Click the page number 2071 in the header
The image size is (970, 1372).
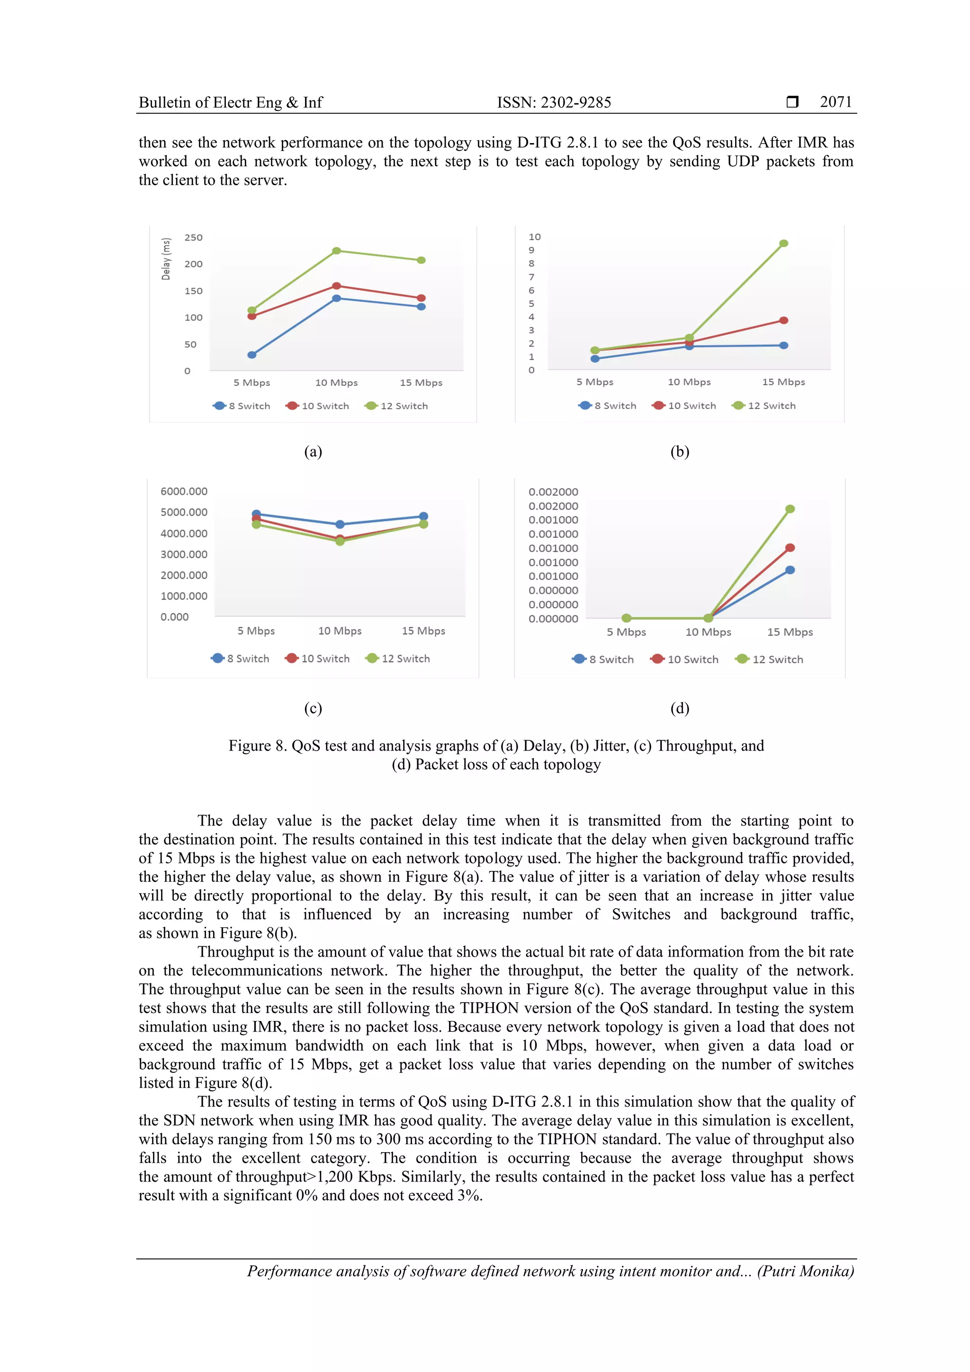point(835,102)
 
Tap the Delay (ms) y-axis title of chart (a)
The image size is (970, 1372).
point(166,259)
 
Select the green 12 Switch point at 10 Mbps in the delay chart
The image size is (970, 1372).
point(336,251)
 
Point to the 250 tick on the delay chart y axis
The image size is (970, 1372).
point(193,238)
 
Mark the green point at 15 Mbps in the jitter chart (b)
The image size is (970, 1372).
point(783,243)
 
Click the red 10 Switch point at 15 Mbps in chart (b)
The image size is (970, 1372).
point(783,320)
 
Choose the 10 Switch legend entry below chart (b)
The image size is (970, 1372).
point(685,406)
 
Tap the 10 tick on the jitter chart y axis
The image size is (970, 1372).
point(534,237)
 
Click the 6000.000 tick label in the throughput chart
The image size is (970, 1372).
point(183,491)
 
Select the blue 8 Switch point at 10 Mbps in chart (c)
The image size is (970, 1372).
point(340,524)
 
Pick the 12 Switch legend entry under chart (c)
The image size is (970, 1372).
point(398,658)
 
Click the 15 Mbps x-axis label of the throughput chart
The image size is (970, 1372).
point(423,631)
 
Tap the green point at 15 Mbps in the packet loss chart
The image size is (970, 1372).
point(790,509)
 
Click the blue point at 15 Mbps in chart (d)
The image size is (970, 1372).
point(790,570)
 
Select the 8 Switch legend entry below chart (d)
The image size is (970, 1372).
point(603,660)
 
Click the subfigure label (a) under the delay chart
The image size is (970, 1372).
point(313,452)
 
